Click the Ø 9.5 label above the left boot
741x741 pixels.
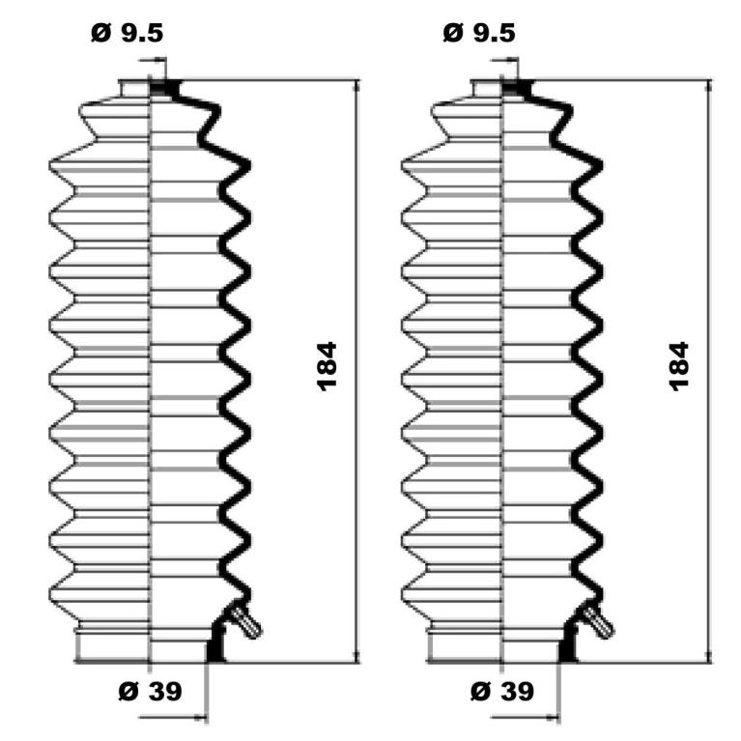pos(128,33)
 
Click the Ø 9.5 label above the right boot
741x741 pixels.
pos(479,33)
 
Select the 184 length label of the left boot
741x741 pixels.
pos(327,367)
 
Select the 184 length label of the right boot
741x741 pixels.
pos(679,367)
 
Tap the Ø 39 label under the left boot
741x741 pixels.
pos(150,692)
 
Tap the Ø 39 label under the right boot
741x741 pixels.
pos(502,692)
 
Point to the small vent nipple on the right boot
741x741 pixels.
pos(598,621)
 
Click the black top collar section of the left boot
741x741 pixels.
pos(165,88)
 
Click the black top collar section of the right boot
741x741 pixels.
pos(518,88)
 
